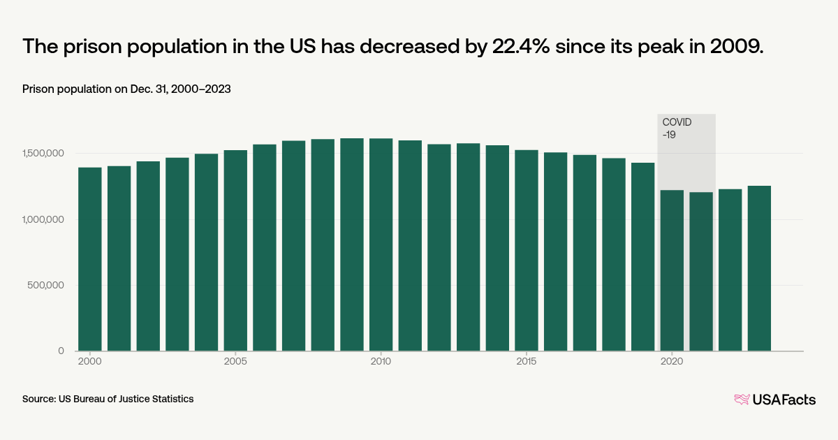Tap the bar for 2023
point(759,268)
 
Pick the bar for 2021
point(701,272)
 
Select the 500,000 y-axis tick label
point(45,286)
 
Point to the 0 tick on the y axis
point(61,351)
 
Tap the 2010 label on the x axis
point(381,362)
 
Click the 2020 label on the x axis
point(672,362)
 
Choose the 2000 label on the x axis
point(89,362)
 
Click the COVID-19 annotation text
point(677,128)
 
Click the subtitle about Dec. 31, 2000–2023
point(126,89)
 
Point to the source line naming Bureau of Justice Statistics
point(108,399)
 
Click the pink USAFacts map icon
point(742,399)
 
